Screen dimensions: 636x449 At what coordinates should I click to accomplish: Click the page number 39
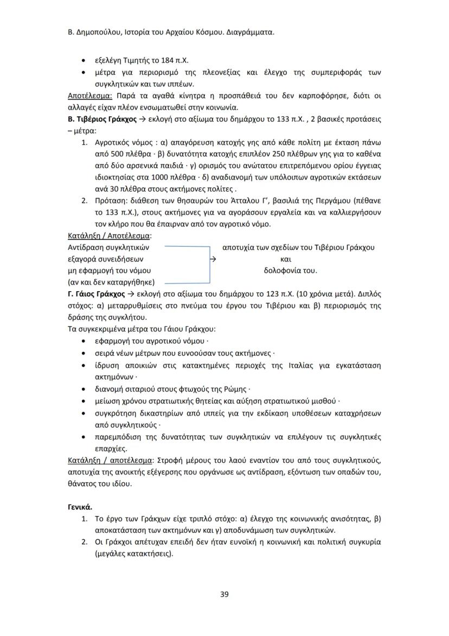[x=224, y=594]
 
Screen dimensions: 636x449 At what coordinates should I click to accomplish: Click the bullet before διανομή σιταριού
[x=82, y=390]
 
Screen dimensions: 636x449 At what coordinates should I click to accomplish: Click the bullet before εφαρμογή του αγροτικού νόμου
[x=82, y=342]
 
